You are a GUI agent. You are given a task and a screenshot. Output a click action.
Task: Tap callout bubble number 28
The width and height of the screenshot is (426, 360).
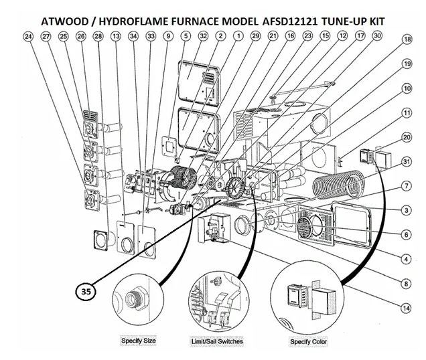[x=99, y=36]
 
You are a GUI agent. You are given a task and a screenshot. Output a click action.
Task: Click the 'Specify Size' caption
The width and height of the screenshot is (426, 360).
[x=138, y=341]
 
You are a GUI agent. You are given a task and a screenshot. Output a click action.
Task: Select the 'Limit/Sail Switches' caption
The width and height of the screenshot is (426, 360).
[x=217, y=341]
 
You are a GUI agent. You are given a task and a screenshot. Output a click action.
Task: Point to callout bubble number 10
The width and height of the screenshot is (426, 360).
[x=405, y=88]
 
